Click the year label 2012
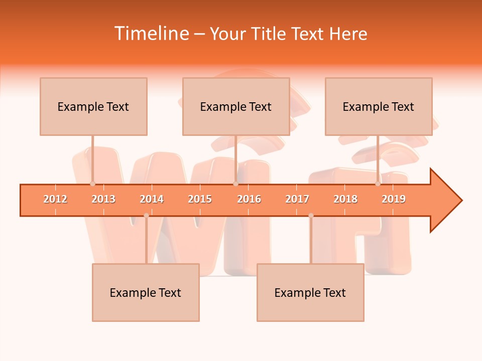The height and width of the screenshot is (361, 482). [x=55, y=200]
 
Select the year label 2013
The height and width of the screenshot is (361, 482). [x=103, y=200]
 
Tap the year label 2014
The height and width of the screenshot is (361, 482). [x=152, y=200]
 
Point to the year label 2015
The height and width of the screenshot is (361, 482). [x=200, y=200]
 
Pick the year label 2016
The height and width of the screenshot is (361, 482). [x=249, y=200]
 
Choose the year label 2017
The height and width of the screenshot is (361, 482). [x=297, y=200]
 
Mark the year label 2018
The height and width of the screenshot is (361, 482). [x=345, y=200]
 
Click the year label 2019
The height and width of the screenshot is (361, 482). [x=394, y=200]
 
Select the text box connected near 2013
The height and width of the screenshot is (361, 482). [x=93, y=107]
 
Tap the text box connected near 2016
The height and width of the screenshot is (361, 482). [x=236, y=107]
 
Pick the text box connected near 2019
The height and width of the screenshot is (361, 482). [x=379, y=107]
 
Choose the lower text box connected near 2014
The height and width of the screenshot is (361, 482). [x=146, y=293]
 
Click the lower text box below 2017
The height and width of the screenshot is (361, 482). [x=310, y=293]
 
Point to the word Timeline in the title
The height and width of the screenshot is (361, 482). [x=151, y=34]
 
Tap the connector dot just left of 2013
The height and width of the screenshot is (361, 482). [x=92, y=184]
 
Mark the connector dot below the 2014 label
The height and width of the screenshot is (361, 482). [x=146, y=216]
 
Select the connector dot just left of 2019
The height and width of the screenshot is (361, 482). [x=378, y=184]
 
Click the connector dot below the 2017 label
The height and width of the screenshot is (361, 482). [x=311, y=216]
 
